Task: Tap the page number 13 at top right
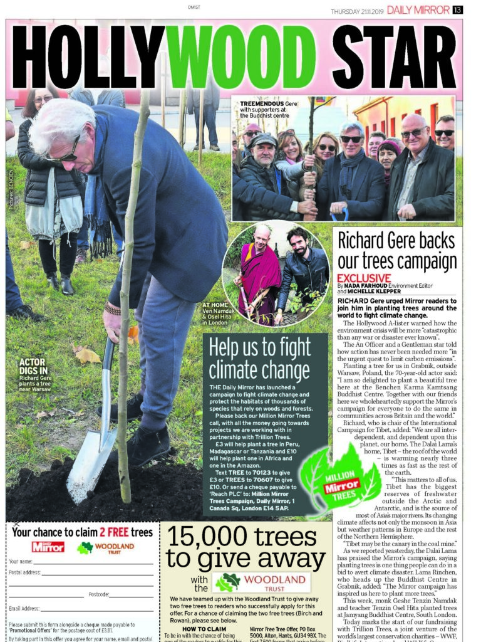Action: (458, 10)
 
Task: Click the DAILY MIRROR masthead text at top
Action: (418, 10)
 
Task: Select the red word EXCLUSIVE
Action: (364, 278)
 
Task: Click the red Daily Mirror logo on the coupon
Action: (48, 547)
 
